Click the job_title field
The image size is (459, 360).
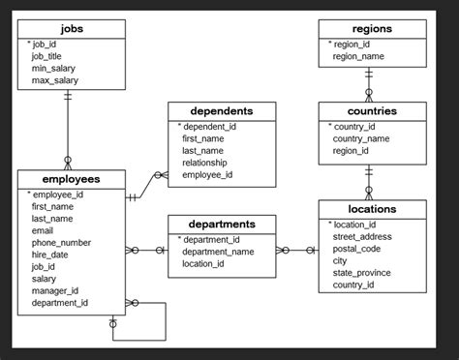tap(46, 56)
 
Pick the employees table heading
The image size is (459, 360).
tap(71, 179)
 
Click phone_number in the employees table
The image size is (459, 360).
tap(61, 243)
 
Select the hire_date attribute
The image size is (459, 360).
tap(50, 255)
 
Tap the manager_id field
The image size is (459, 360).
tap(55, 290)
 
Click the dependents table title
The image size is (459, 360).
tap(222, 111)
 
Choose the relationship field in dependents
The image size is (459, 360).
tap(210, 163)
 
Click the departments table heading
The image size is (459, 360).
tap(222, 225)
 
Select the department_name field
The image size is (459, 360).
tap(218, 252)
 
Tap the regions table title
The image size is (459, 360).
tap(372, 29)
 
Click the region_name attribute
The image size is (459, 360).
tap(358, 56)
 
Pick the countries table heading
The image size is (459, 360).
tap(372, 111)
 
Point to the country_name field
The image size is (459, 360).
tap(361, 138)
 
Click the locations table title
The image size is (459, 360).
tap(372, 209)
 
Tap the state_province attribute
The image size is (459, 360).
tap(362, 273)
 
